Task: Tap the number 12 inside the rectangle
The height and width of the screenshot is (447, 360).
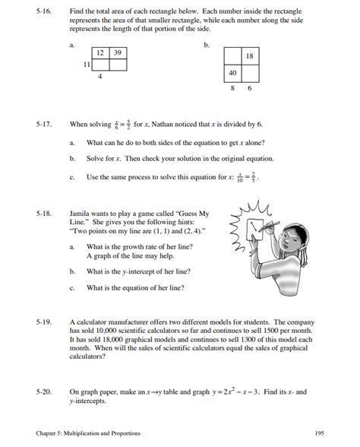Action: pyautogui.click(x=100, y=52)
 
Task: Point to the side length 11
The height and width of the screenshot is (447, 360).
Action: pyautogui.click(x=87, y=65)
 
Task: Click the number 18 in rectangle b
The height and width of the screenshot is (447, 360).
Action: pyautogui.click(x=249, y=57)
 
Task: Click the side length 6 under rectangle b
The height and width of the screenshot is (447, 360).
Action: pyautogui.click(x=248, y=88)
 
